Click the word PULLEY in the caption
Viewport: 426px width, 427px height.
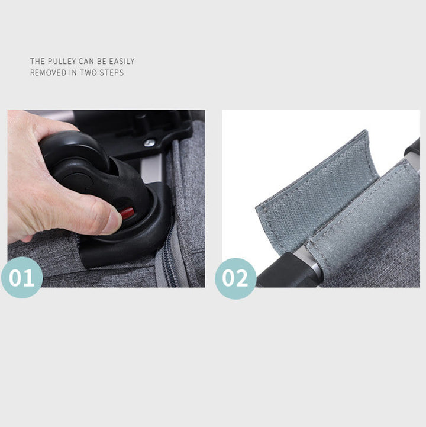tap(62, 61)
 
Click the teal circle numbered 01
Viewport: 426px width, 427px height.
tap(22, 278)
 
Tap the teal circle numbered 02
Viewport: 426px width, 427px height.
tap(235, 278)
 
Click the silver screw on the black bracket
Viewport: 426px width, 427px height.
tap(149, 142)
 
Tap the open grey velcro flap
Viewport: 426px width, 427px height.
tap(315, 191)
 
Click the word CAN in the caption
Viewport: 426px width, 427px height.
tap(86, 61)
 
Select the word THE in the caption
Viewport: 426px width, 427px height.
tap(37, 61)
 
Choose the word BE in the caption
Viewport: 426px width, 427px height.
tap(102, 61)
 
